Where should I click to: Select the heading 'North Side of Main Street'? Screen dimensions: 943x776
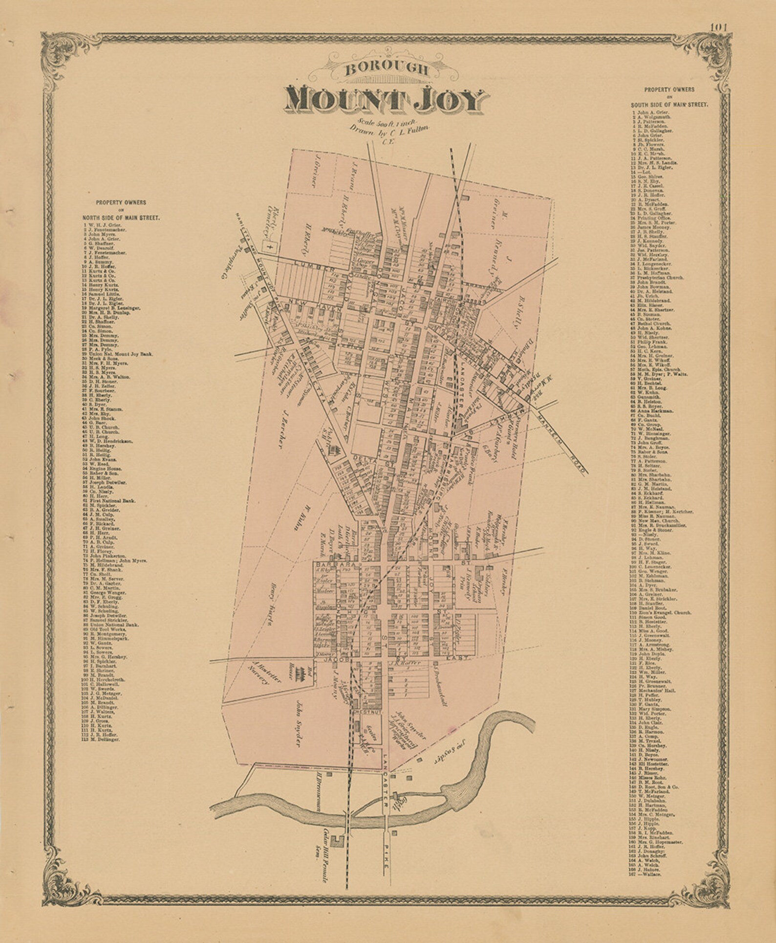121,219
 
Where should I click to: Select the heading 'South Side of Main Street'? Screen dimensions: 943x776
668,105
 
